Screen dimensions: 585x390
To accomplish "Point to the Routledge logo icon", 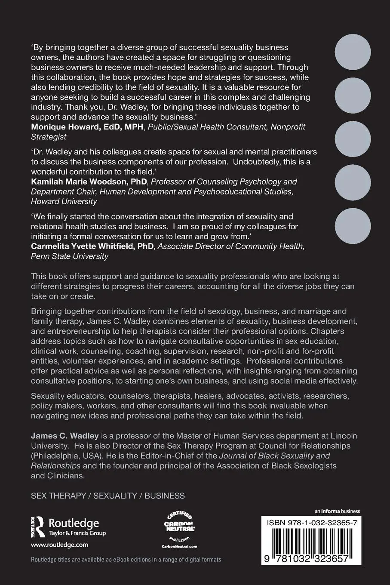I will pyautogui.click(x=38, y=526).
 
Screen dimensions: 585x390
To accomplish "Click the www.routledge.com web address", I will pyautogui.click(x=59, y=545).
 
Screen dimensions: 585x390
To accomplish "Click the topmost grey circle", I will pyautogui.click(x=353, y=52).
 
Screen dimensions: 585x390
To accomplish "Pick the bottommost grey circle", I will pyautogui.click(x=353, y=228).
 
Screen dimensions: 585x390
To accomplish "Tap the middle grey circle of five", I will pyautogui.click(x=353, y=140).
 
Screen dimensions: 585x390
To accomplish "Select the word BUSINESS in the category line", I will pyautogui.click(x=165, y=496).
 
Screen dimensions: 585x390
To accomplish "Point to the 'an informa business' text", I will pyautogui.click(x=337, y=511).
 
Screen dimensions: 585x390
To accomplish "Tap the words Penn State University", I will pyautogui.click(x=70, y=256).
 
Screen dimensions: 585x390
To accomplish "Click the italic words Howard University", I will pyautogui.click(x=64, y=201).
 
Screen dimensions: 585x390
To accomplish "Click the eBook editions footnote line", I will pyautogui.click(x=126, y=560).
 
